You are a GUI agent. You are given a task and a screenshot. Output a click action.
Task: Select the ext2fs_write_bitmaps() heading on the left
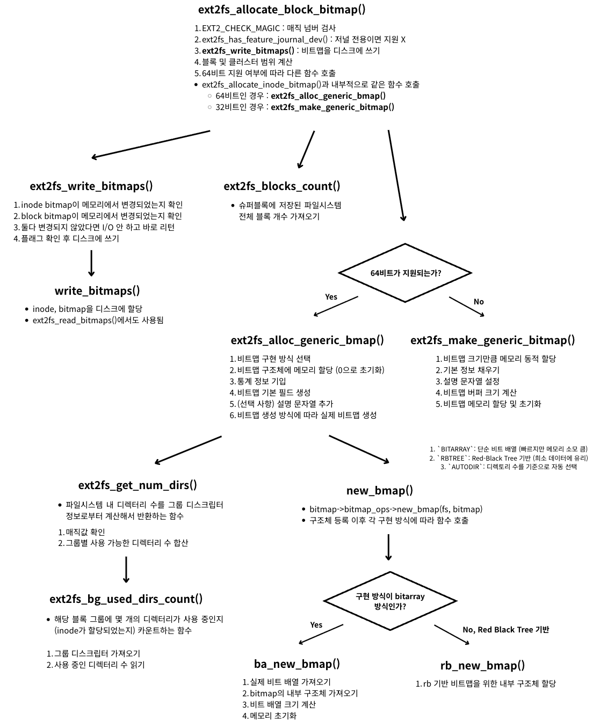point(91,186)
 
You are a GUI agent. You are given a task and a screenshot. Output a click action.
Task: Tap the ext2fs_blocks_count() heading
point(282,186)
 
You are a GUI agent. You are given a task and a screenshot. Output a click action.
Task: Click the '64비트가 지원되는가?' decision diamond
point(406,273)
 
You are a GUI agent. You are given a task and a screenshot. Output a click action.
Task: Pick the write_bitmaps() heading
point(97,291)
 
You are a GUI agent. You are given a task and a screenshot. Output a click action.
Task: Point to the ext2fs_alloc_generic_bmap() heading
point(307,340)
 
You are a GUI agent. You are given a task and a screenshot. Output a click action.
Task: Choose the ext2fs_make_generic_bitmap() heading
point(493,340)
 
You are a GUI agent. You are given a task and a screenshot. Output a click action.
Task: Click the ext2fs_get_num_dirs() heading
point(138,485)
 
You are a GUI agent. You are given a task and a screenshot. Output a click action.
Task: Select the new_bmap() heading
point(380,491)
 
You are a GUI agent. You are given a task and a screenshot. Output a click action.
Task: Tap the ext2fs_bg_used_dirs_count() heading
point(126,599)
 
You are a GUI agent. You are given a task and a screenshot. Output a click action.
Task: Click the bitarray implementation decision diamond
point(390,601)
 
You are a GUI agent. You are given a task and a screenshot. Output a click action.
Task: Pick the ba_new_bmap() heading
point(297,664)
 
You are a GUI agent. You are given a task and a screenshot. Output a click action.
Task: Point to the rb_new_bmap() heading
point(482,666)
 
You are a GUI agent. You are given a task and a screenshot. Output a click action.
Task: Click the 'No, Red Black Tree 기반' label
point(505,630)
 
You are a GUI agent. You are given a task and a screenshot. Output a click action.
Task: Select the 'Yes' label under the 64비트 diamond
point(331,297)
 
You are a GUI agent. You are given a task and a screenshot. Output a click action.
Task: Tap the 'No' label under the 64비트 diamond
point(479,302)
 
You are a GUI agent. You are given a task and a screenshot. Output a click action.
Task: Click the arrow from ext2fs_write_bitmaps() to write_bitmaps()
point(91,263)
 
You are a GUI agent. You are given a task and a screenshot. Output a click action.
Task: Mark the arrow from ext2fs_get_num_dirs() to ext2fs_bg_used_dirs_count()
point(126,569)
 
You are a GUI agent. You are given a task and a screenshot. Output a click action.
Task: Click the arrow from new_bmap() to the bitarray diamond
point(388,547)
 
